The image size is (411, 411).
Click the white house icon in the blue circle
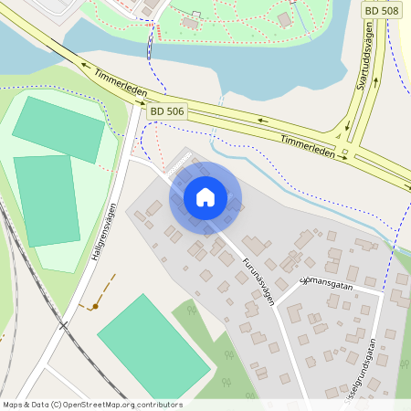coord(205,197)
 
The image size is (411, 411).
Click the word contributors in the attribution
coord(159,405)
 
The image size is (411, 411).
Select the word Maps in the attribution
coord(13,405)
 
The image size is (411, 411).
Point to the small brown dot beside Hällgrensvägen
coord(94,307)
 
